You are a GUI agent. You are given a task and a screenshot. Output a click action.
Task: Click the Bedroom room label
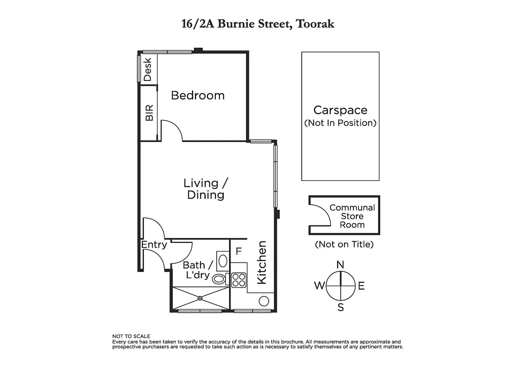[x=198, y=96]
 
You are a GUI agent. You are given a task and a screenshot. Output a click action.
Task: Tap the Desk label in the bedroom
[x=148, y=70]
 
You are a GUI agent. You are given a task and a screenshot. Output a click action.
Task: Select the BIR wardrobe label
[x=149, y=113]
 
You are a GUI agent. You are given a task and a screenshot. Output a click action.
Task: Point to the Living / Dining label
[x=206, y=189]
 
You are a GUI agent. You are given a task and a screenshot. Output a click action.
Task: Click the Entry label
[x=154, y=245]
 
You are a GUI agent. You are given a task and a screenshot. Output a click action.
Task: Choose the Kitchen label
[x=262, y=262]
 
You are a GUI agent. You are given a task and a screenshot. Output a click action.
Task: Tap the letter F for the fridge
[x=239, y=251]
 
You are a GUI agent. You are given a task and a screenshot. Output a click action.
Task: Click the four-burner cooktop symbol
[x=239, y=280]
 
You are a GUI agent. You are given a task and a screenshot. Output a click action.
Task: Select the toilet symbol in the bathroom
[x=219, y=279]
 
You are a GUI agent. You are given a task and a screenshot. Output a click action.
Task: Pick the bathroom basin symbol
[x=223, y=261]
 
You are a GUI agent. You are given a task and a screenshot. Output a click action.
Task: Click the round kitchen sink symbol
[x=264, y=301]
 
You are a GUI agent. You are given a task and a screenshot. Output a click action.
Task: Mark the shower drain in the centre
[x=200, y=298]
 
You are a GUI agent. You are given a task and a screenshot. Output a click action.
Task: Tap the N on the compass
[x=340, y=265]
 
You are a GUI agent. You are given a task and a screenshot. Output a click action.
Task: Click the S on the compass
[x=341, y=308]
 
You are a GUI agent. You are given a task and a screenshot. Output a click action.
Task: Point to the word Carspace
[x=340, y=110]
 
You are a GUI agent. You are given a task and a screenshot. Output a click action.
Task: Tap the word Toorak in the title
[x=315, y=24]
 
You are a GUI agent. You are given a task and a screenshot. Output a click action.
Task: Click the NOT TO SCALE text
[x=131, y=336]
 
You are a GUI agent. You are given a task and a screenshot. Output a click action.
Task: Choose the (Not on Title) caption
[x=344, y=244]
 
